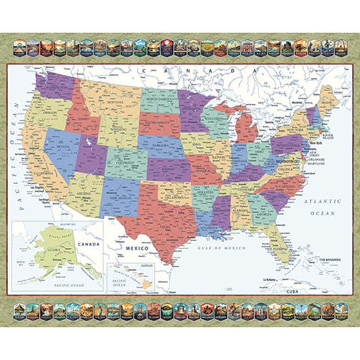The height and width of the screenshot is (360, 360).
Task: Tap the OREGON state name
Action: pyautogui.click(x=49, y=113)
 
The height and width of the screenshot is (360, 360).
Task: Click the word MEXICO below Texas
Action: pyautogui.click(x=137, y=248)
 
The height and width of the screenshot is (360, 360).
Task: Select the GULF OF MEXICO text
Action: pyautogui.click(x=223, y=248)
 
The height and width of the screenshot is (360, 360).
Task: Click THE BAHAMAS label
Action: pyautogui.click(x=330, y=260)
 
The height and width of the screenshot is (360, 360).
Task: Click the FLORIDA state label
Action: pyautogui.click(x=279, y=248)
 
